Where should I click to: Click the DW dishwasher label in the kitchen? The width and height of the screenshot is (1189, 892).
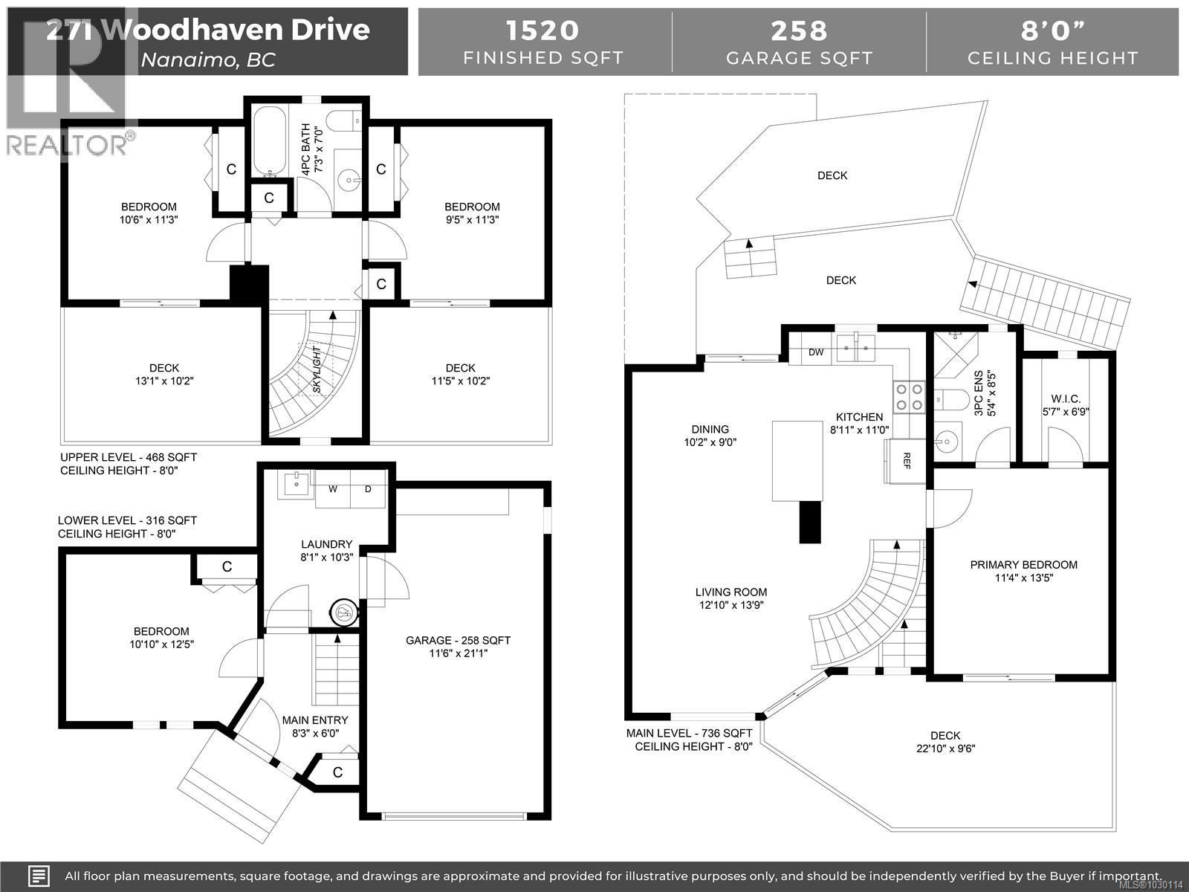point(816,352)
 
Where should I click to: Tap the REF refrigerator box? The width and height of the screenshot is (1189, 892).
point(907,459)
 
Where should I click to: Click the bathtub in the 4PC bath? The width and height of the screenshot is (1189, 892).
point(268,140)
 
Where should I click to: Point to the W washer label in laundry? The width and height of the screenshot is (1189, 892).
point(334,488)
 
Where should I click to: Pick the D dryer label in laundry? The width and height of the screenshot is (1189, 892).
point(367,488)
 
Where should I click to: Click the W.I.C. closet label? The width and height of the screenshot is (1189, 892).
point(1066,399)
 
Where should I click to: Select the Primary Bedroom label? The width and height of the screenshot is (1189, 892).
point(1023,565)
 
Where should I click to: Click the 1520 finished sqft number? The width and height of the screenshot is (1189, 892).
point(542,30)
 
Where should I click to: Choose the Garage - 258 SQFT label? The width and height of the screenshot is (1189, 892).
point(458,640)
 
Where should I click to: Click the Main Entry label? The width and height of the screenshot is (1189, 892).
point(315,720)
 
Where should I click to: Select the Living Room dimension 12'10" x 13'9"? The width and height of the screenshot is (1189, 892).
point(730,605)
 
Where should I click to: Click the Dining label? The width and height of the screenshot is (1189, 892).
point(710,429)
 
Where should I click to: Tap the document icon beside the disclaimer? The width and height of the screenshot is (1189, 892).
point(39,875)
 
